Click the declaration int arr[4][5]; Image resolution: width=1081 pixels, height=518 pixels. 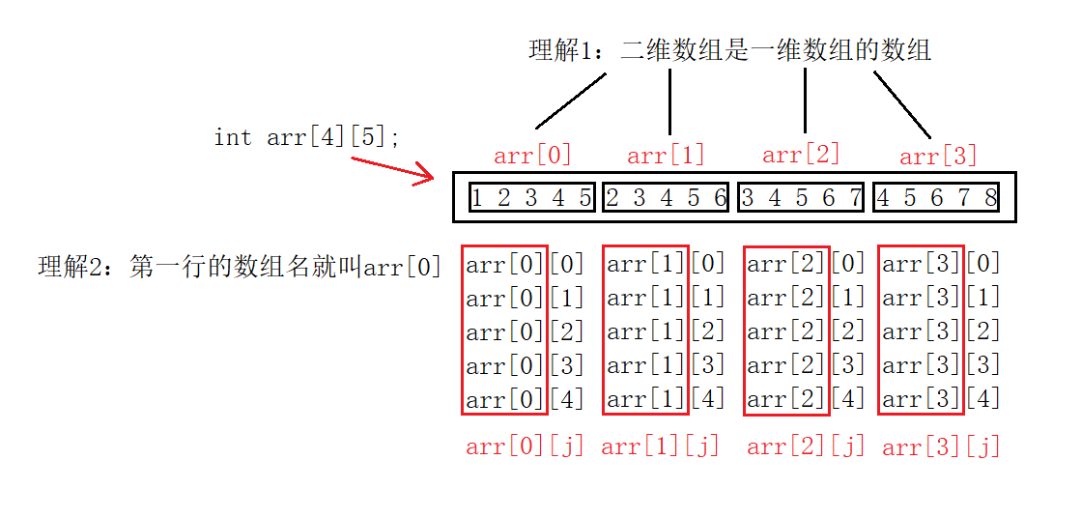[x=307, y=137]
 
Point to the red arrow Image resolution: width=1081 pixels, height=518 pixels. [x=392, y=169]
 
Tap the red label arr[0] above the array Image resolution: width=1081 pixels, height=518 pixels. [x=532, y=155]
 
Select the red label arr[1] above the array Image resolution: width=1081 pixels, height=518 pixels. [x=666, y=155]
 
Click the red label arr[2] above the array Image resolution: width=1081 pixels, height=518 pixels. [x=801, y=154]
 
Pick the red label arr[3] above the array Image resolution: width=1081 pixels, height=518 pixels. [x=938, y=156]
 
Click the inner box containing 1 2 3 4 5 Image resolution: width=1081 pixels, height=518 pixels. [x=532, y=198]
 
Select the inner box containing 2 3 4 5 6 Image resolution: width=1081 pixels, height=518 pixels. [x=667, y=198]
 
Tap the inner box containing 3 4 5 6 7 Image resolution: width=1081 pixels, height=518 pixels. [x=802, y=198]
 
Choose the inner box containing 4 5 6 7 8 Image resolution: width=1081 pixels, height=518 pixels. [x=936, y=198]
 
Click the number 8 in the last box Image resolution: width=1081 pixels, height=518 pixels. [x=990, y=198]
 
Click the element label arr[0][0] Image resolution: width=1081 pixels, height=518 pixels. [x=526, y=265]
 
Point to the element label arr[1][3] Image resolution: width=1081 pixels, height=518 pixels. [x=666, y=365]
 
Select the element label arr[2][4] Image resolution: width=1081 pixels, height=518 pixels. [x=806, y=399]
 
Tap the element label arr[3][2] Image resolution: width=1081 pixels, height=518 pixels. [x=941, y=331]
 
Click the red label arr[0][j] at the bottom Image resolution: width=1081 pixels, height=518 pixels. [x=526, y=446]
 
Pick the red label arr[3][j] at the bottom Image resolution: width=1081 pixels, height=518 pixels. [x=941, y=446]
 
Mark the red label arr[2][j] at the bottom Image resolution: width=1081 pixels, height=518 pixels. [x=806, y=446]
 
